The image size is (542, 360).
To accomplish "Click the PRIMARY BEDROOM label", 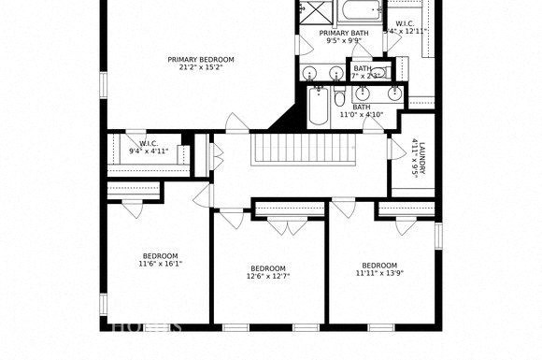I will (201, 60).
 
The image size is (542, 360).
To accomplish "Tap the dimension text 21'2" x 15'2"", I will (201, 68).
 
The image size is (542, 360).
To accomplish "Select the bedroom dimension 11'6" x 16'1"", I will (161, 264).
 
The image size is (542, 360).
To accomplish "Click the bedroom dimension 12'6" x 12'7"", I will (268, 276).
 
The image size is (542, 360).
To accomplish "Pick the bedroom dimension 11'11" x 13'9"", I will (379, 273).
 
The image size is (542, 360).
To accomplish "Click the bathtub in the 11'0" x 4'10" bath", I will (317, 107).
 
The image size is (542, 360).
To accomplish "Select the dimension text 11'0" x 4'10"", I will (361, 115).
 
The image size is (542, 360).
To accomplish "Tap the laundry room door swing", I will (396, 149).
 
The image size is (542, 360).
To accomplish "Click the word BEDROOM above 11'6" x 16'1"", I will (161, 255).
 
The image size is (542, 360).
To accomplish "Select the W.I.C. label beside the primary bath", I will (406, 23).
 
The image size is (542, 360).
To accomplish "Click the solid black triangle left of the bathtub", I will (284, 118).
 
